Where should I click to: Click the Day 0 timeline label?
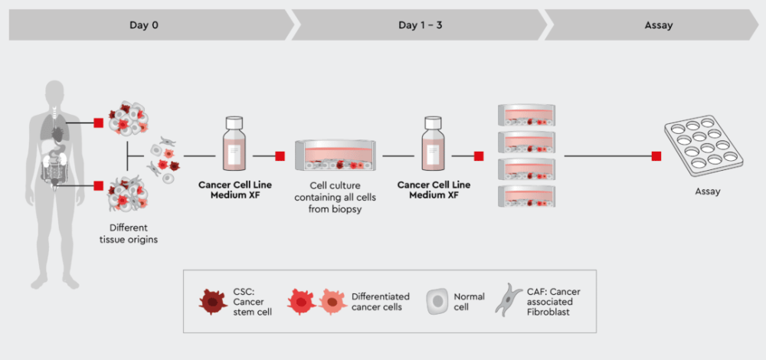point(144,25)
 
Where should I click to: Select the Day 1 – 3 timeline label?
point(421,25)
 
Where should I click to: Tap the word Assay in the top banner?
point(659,25)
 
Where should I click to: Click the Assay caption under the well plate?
point(707,192)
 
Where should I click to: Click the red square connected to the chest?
point(99,123)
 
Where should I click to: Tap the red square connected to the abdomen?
point(99,185)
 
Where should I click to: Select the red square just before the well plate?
point(656,156)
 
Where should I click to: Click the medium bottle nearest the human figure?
point(234,143)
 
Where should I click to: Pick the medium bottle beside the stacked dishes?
point(433,143)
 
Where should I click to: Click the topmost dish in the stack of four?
point(527,115)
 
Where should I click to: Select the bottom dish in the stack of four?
point(527,195)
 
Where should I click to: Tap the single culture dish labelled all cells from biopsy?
point(336,155)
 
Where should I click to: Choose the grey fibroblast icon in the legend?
point(509,299)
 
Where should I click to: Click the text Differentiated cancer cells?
point(381,302)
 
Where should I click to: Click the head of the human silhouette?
point(54,93)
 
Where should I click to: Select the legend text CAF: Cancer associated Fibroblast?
point(554,302)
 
